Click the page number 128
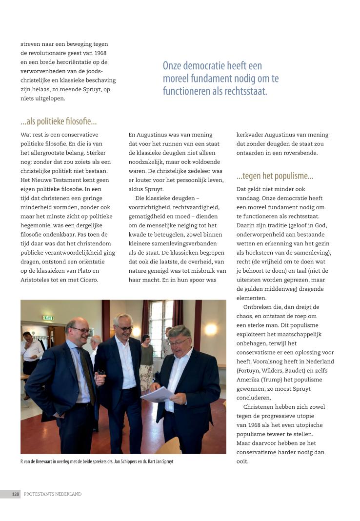point(16,494)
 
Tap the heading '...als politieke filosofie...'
point(59,121)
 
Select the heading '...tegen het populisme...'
point(275,176)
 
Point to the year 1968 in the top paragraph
point(99,53)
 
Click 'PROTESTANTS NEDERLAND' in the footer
point(53,494)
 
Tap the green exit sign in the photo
point(47,318)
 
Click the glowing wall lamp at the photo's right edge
point(211,329)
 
